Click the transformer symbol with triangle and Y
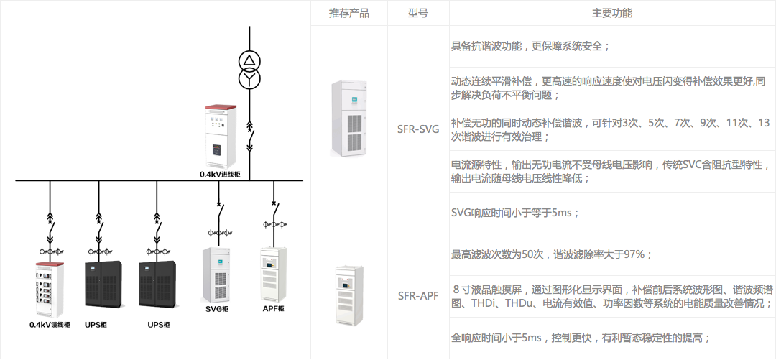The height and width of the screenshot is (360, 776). (x=250, y=69)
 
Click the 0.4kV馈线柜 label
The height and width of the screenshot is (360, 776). (x=50, y=325)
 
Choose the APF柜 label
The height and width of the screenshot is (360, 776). (x=273, y=309)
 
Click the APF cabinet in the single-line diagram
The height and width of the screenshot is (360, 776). (x=273, y=274)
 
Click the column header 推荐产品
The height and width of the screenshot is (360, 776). (x=348, y=13)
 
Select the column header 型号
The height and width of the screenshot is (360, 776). (x=417, y=13)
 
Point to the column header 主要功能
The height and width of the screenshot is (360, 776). (x=611, y=13)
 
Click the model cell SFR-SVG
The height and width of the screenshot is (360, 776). (x=418, y=130)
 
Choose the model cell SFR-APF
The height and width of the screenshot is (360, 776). (x=418, y=295)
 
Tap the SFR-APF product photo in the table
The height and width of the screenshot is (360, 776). (x=349, y=297)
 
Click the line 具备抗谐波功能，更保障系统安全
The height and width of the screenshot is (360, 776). (x=530, y=47)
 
